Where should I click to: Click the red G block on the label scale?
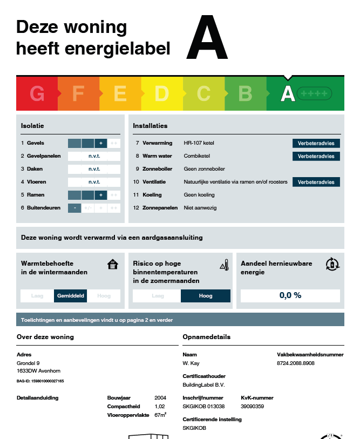pyautogui.click(x=37, y=94)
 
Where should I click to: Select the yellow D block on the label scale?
pyautogui.click(x=161, y=94)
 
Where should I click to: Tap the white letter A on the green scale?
pyautogui.click(x=288, y=94)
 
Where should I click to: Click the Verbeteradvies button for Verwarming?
pyautogui.click(x=316, y=143)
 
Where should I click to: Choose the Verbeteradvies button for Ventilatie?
pyautogui.click(x=316, y=182)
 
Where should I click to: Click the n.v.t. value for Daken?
pyautogui.click(x=94, y=169)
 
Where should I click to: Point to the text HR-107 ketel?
pyautogui.click(x=199, y=143)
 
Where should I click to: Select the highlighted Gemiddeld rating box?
pyautogui.click(x=70, y=296)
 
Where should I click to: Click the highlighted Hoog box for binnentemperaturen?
pyautogui.click(x=206, y=296)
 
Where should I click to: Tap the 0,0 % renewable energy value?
pyautogui.click(x=290, y=295)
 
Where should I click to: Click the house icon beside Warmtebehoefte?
pyautogui.click(x=113, y=265)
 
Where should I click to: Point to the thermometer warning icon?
pyautogui.click(x=225, y=265)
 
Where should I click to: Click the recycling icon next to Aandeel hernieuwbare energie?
pyautogui.click(x=332, y=264)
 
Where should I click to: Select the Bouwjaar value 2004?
pyautogui.click(x=160, y=398)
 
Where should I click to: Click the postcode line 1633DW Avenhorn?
pyautogui.click(x=39, y=371)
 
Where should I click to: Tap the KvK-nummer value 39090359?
pyautogui.click(x=252, y=406)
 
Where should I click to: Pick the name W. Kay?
pyautogui.click(x=191, y=363)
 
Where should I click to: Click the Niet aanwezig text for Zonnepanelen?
pyautogui.click(x=200, y=208)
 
